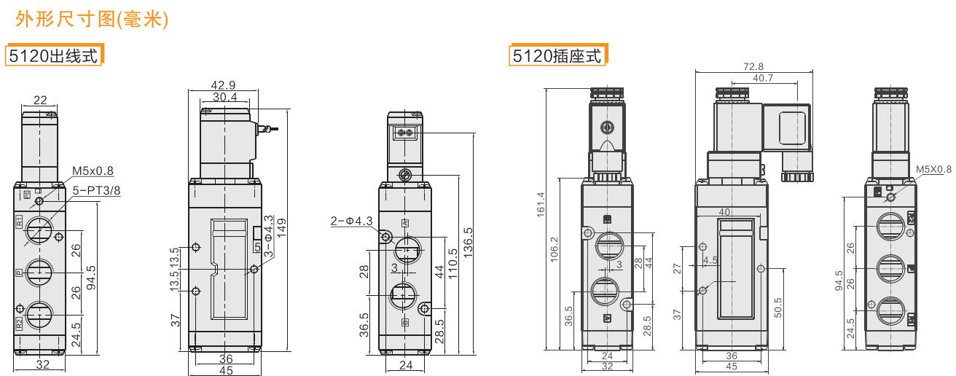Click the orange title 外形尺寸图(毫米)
point(92,19)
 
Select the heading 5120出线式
point(53,56)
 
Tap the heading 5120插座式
point(557,56)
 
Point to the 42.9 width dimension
point(223,85)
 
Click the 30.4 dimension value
point(225,97)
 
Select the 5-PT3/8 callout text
point(96,190)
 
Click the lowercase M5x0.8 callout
point(93,171)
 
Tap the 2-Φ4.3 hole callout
point(352,221)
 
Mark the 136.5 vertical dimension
point(469,243)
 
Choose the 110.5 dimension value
point(452,265)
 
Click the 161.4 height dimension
point(541,205)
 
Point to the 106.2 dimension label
point(554,250)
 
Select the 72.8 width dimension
point(753,66)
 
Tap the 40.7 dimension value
point(763,78)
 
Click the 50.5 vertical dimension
point(777,308)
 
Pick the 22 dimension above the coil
point(40,100)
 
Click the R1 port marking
point(19,222)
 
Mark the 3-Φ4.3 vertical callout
point(268,236)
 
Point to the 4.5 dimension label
point(710,260)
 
